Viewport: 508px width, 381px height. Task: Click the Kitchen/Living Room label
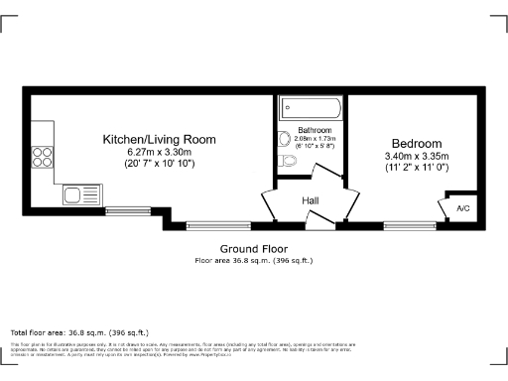click(x=160, y=140)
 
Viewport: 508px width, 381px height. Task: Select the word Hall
click(x=310, y=201)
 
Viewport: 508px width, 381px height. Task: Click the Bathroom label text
click(x=315, y=130)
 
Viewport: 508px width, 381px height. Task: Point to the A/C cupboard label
click(x=463, y=208)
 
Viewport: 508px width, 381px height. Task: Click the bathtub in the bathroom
click(x=311, y=107)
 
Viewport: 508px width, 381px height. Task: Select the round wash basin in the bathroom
click(x=284, y=138)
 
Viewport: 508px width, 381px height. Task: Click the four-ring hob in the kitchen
click(x=44, y=155)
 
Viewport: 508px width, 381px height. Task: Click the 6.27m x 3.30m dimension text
click(x=160, y=152)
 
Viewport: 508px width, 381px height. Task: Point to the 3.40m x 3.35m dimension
click(x=417, y=156)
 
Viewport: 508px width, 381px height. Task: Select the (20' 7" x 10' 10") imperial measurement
click(x=160, y=163)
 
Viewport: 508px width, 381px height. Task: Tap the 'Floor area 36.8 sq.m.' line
click(x=253, y=260)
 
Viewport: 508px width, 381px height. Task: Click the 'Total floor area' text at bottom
click(x=79, y=332)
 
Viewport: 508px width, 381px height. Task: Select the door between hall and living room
click(x=269, y=204)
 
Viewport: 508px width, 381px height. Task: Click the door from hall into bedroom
click(x=347, y=203)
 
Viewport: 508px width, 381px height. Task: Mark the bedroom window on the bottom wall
click(x=403, y=224)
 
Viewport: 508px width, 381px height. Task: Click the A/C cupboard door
click(x=445, y=207)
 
